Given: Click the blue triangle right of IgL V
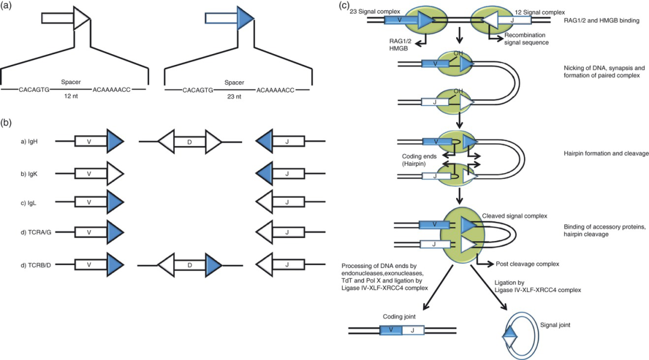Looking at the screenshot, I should tap(115, 203).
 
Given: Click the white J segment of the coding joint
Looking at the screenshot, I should tap(413, 330).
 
